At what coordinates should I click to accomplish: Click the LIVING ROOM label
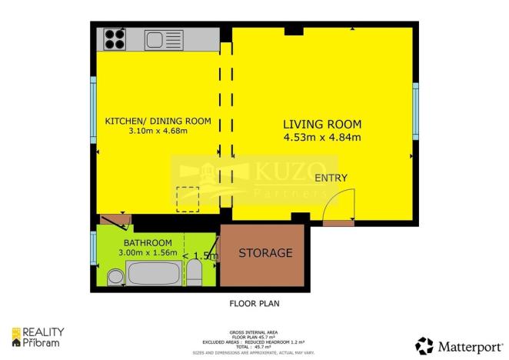(x=321, y=124)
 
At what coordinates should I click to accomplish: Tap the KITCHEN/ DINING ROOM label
(x=158, y=120)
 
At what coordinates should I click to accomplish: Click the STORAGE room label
(x=265, y=253)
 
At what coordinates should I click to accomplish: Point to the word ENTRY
(x=331, y=178)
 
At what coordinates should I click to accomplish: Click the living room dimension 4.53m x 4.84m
(x=322, y=138)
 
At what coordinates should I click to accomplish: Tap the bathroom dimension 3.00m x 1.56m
(x=148, y=253)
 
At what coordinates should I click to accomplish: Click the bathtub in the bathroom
(x=155, y=273)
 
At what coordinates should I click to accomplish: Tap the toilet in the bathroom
(x=195, y=272)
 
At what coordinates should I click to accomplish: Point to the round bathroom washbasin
(x=115, y=276)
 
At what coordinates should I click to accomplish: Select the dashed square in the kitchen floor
(x=187, y=199)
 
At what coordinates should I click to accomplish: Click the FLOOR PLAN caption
(x=254, y=303)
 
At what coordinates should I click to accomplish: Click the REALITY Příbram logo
(x=38, y=335)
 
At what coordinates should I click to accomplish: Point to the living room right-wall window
(x=414, y=109)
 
